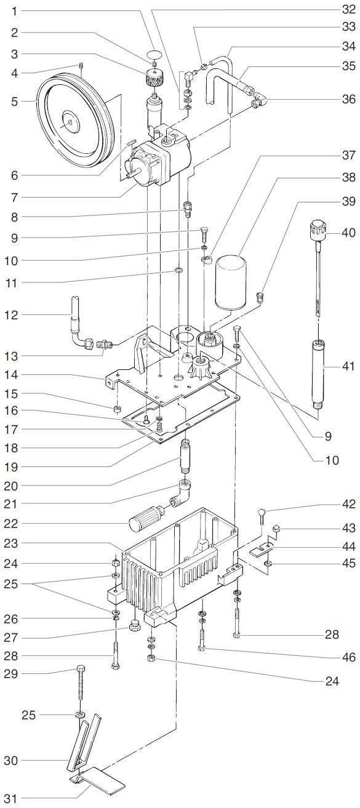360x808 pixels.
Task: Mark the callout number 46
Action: pyautogui.click(x=349, y=658)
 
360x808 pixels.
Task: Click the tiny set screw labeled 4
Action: pyautogui.click(x=82, y=67)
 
